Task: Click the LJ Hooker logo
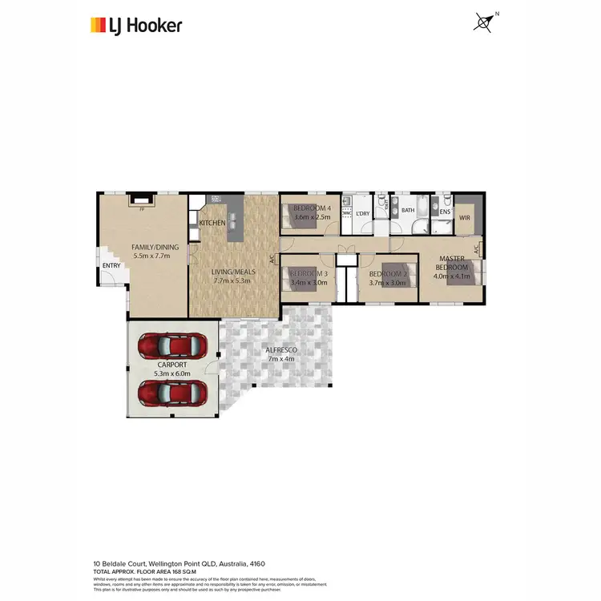(135, 25)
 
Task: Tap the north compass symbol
(483, 22)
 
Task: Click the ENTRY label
(111, 266)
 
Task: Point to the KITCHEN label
(212, 223)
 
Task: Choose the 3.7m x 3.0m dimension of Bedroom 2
(388, 282)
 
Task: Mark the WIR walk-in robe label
(464, 217)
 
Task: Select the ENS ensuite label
(444, 212)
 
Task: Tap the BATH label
(408, 211)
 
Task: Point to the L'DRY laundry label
(363, 213)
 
